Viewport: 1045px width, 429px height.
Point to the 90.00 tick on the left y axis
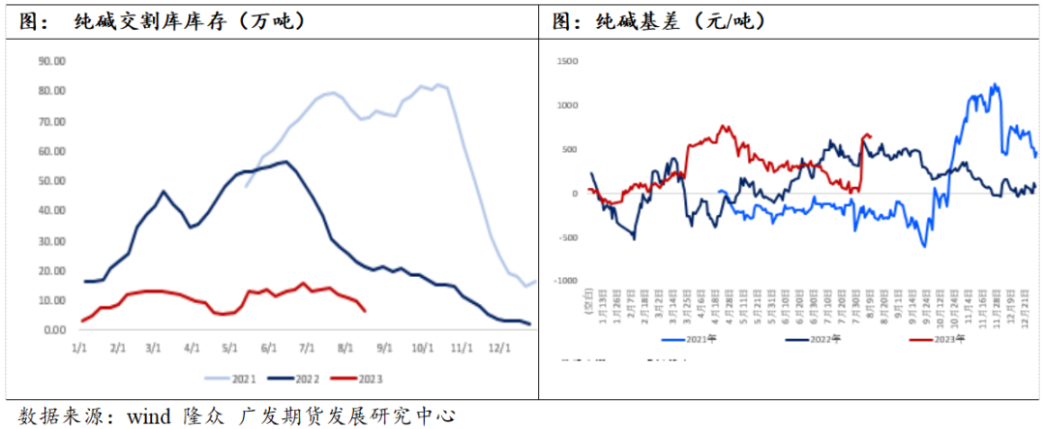51,60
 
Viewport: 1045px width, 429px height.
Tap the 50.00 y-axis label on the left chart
51,180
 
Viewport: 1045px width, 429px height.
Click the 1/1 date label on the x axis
79,346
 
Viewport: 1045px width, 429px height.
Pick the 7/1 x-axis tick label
307,346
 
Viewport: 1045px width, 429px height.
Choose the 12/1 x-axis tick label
497,346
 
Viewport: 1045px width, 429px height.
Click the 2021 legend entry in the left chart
233,376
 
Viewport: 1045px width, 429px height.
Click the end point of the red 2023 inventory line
365,311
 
